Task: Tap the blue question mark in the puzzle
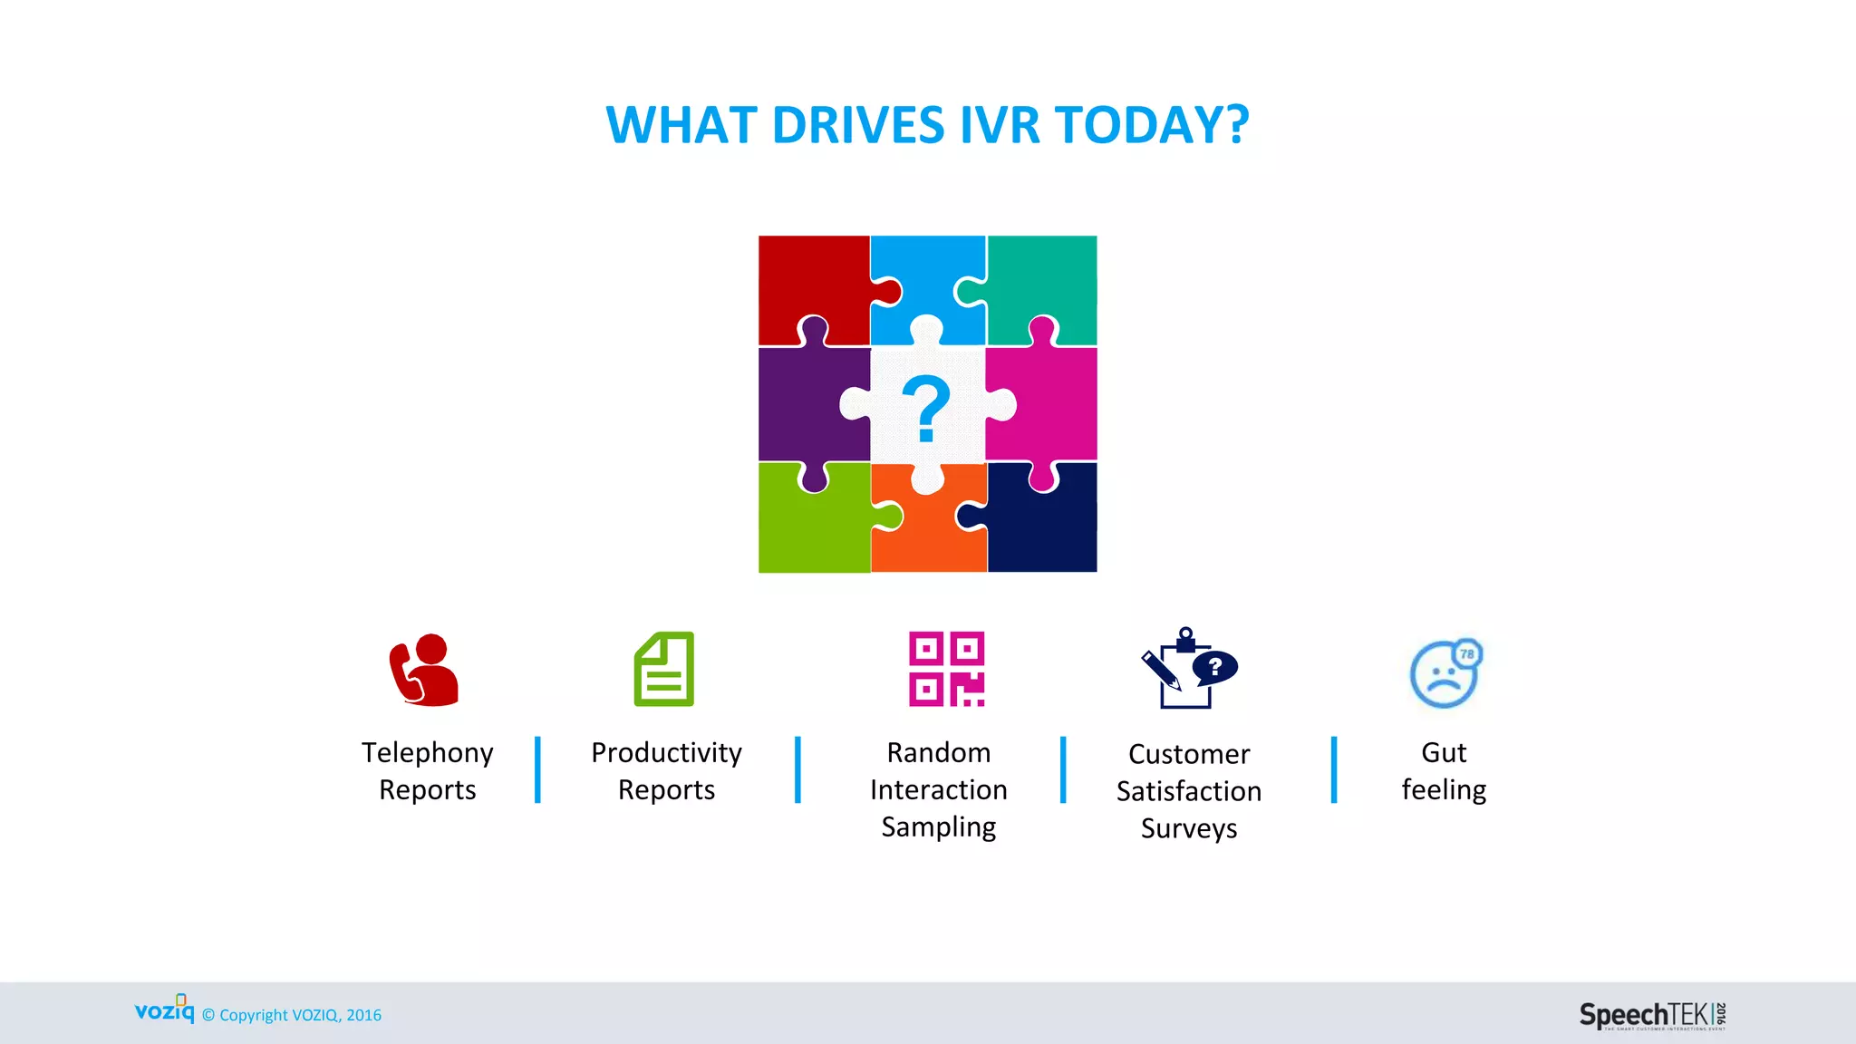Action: (925, 409)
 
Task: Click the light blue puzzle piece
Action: (926, 276)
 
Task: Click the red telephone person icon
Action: (423, 670)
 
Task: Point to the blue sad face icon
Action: (1445, 673)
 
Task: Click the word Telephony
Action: (428, 753)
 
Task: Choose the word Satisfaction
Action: (1188, 791)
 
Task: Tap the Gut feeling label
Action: (1444, 771)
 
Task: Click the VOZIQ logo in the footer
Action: (164, 1010)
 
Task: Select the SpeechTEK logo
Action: (1652, 1015)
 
